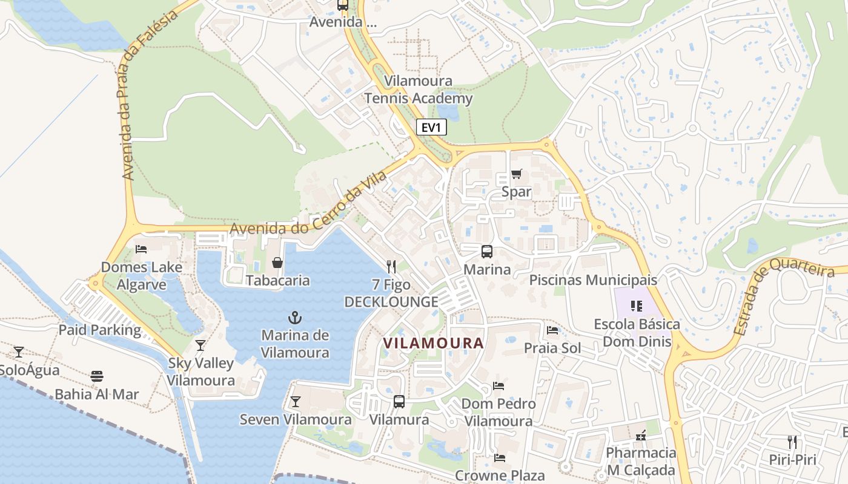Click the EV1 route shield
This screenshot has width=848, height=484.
coord(431,127)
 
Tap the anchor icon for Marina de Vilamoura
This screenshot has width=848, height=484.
coord(295,318)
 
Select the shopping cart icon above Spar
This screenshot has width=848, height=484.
coord(516,174)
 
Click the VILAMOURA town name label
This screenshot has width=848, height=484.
coord(434,343)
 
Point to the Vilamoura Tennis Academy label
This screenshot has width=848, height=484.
coord(418,90)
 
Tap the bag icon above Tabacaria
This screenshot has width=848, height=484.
coord(277,263)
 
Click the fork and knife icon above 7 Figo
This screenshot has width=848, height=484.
coord(391,266)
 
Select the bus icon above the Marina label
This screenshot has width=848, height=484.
coord(487,252)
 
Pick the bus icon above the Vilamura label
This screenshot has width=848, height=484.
coord(399,402)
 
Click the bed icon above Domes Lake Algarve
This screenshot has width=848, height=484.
coord(141,249)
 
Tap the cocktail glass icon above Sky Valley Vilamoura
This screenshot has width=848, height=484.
coord(200,345)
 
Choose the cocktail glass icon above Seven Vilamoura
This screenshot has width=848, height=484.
coord(295,401)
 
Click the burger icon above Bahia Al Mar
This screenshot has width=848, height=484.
coord(97,376)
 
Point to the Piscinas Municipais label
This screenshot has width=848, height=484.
coord(593,280)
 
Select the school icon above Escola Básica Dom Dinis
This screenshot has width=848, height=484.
coord(636,306)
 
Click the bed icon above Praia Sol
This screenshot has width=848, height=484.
coord(552,330)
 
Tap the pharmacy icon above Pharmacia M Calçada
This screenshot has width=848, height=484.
coord(641,435)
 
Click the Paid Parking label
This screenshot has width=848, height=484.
coord(99,330)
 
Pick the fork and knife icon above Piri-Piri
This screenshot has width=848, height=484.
coord(792,442)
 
